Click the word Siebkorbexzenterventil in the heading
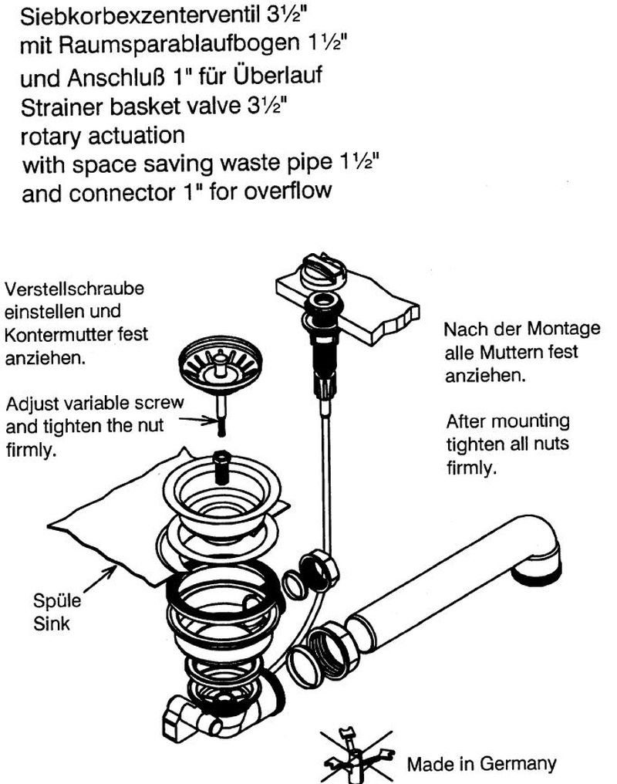140,17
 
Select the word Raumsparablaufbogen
179,46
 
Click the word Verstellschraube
75,289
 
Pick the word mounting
534,422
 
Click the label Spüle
56,600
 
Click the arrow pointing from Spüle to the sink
99,580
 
